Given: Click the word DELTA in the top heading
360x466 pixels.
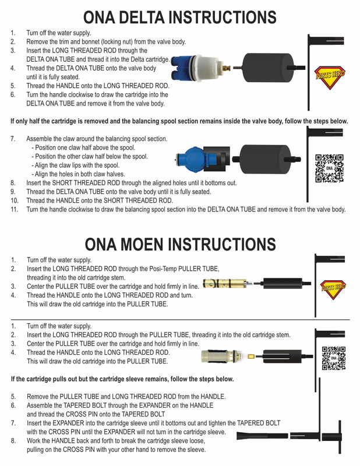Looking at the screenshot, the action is [143, 17].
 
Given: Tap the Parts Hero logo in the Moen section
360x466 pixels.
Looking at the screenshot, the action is [333, 289].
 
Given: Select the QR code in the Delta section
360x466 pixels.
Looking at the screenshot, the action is [329, 168].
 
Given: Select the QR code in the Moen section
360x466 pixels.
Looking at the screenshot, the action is [334, 358].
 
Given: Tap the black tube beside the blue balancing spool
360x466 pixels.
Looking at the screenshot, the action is [266, 159].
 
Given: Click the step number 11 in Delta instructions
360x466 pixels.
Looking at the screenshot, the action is [14, 209].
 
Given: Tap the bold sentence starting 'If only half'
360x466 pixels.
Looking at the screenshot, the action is [179, 121].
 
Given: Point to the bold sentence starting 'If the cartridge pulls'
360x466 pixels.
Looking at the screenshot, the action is [122, 379].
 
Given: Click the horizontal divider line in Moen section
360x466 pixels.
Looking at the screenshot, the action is [180, 319].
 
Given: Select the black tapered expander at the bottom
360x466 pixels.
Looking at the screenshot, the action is [262, 436].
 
